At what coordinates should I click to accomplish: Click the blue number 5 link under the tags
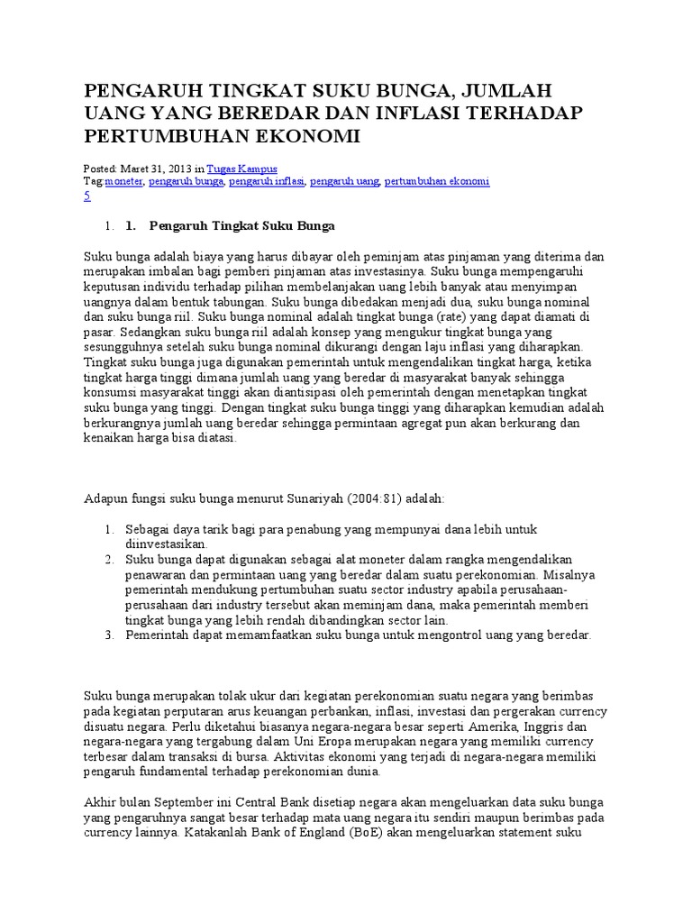click(86, 196)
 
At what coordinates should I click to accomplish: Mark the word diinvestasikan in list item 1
click(166, 544)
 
